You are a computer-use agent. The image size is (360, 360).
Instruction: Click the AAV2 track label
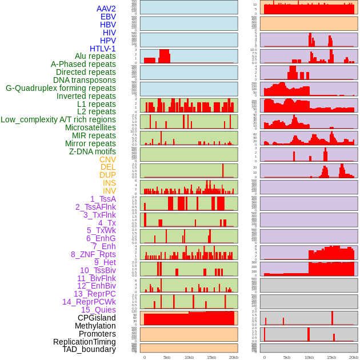click(x=106, y=9)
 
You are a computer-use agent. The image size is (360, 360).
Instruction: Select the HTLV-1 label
click(x=102, y=49)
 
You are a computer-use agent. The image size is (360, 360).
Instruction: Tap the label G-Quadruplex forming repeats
click(x=61, y=88)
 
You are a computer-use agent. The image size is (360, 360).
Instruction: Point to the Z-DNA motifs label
click(x=92, y=151)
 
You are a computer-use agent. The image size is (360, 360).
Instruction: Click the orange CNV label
click(x=107, y=159)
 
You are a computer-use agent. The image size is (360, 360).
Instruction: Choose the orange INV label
click(x=109, y=191)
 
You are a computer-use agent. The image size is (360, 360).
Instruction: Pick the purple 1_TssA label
click(x=103, y=199)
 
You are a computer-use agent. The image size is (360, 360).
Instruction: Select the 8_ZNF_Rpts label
click(x=93, y=254)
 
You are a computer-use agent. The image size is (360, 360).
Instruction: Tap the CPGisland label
click(x=97, y=318)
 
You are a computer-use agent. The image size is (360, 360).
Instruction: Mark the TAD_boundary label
click(x=89, y=349)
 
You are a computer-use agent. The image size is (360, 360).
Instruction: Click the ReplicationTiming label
click(x=84, y=342)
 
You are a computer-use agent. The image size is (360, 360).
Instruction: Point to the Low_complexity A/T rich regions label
click(x=58, y=119)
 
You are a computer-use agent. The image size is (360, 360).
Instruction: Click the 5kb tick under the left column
click(x=167, y=357)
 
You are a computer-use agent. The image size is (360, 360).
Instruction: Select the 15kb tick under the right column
click(x=331, y=357)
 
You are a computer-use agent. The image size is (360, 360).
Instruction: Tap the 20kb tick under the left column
click(x=234, y=357)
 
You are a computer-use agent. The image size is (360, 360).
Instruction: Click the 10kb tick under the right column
click(x=309, y=357)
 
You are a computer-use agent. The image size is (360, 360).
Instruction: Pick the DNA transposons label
click(x=85, y=80)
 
